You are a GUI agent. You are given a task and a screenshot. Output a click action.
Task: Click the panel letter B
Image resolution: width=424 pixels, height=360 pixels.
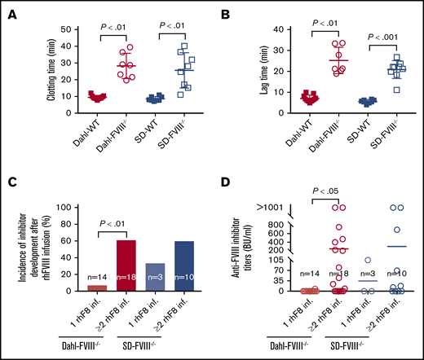225,9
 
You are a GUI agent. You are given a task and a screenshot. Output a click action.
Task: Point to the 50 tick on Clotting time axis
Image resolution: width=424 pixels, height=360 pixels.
52,29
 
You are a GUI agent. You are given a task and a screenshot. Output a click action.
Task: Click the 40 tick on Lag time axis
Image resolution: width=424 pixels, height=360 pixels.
266,29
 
